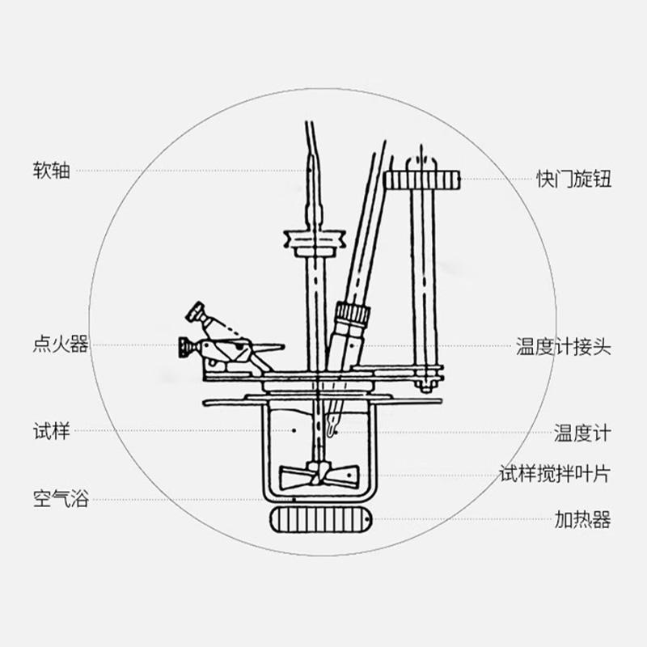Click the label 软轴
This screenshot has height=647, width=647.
point(51,171)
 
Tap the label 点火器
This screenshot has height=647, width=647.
point(61,345)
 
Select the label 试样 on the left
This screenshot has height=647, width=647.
point(51,431)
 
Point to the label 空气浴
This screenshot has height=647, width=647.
point(61,498)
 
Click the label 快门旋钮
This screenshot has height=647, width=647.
point(573,179)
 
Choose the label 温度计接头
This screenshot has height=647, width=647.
point(563,347)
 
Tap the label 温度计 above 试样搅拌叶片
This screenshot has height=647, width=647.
point(582,433)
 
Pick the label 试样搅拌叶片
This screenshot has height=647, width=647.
point(555,474)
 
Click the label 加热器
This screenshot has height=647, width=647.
point(582,520)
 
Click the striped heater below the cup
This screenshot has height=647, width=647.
point(320,519)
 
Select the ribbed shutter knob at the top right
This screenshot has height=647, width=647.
point(421,180)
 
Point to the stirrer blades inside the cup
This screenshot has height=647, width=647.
point(319,477)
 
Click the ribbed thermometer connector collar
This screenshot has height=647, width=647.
point(353,315)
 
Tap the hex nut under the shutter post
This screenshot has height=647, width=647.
point(425,387)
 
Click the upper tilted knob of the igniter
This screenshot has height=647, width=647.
point(195,312)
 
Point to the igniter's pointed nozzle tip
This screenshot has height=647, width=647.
point(283,347)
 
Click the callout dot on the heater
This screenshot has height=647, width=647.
point(367,519)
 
